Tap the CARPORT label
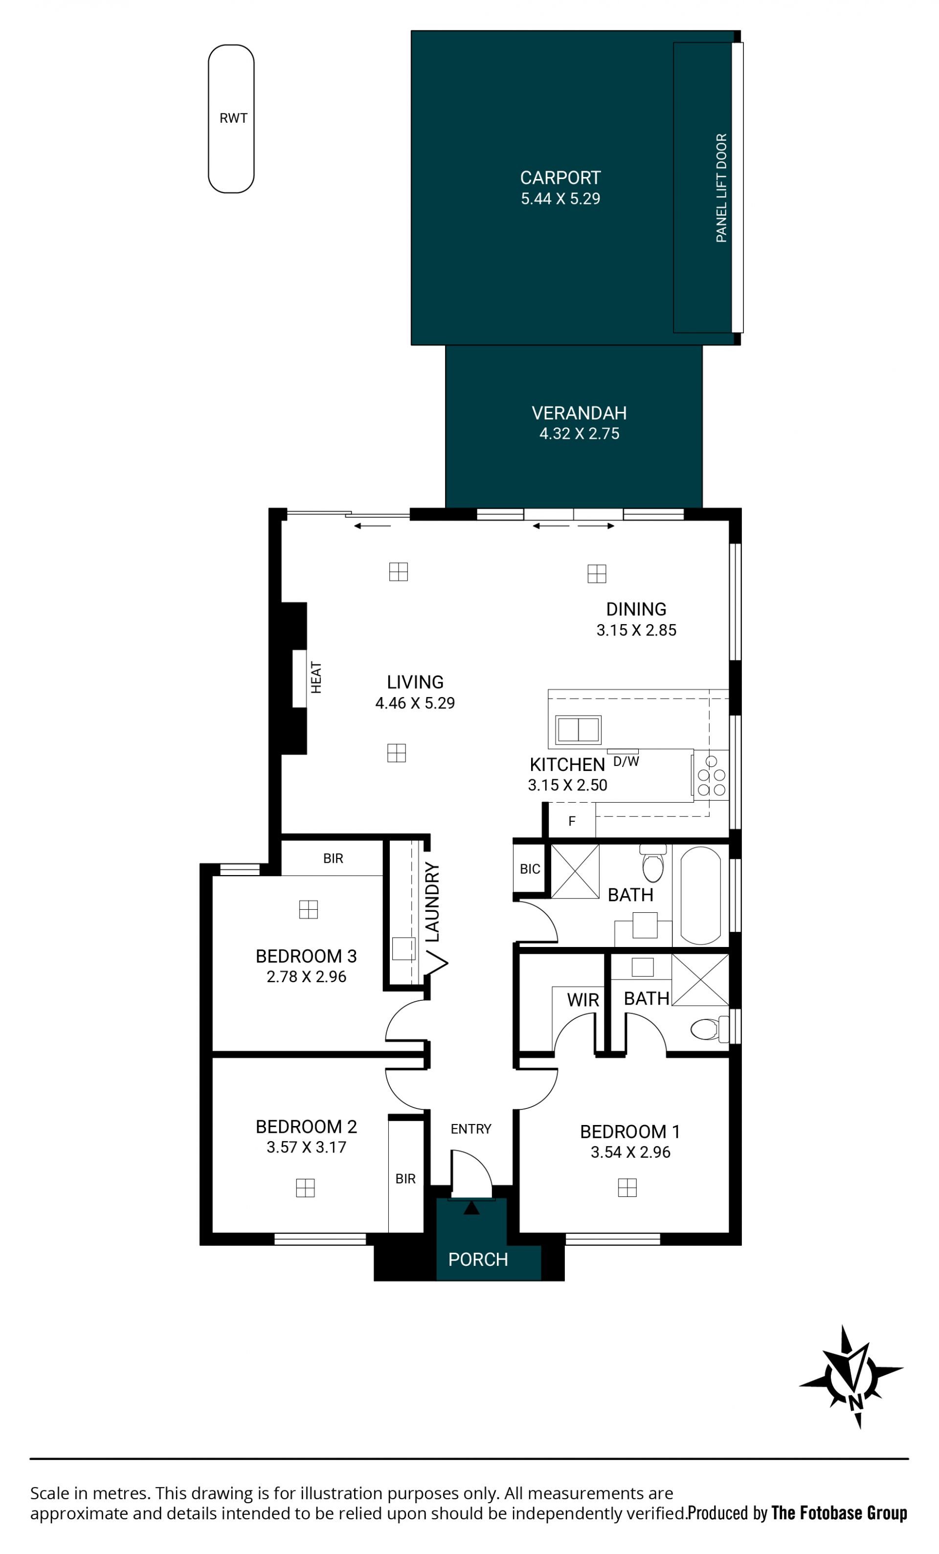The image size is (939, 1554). [x=560, y=178]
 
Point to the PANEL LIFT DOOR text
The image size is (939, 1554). [x=721, y=188]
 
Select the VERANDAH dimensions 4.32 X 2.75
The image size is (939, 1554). [x=579, y=434]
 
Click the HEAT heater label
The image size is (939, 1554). [x=316, y=677]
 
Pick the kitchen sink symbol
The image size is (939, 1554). [x=578, y=730]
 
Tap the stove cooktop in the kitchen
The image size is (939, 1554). [x=711, y=775]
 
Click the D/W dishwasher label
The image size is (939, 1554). [x=626, y=762]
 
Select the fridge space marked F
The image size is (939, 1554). [x=571, y=821]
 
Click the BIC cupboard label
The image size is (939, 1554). [x=530, y=869]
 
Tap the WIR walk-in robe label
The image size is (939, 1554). [x=582, y=1000]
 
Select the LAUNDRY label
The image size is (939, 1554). [x=432, y=902]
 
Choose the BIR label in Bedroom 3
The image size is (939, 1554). [x=333, y=858]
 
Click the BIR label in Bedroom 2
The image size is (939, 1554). [x=405, y=1179]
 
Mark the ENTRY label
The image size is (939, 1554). [x=470, y=1129]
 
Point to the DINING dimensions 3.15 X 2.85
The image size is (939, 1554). [x=636, y=630]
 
